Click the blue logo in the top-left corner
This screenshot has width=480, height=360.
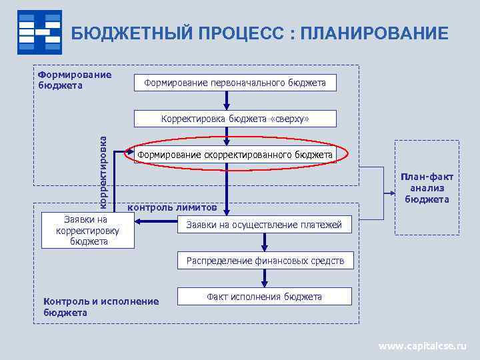39,32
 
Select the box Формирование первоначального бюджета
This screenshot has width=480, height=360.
235,83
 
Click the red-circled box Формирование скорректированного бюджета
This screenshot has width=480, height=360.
234,155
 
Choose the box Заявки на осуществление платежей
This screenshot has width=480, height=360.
263,225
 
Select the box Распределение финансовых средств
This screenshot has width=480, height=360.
265,261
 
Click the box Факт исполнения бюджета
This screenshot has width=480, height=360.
264,297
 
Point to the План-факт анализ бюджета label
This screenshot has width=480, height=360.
427,187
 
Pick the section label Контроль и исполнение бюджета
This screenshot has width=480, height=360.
101,307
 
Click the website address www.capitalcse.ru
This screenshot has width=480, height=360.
423,346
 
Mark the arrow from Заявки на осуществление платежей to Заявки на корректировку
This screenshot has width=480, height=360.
157,225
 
